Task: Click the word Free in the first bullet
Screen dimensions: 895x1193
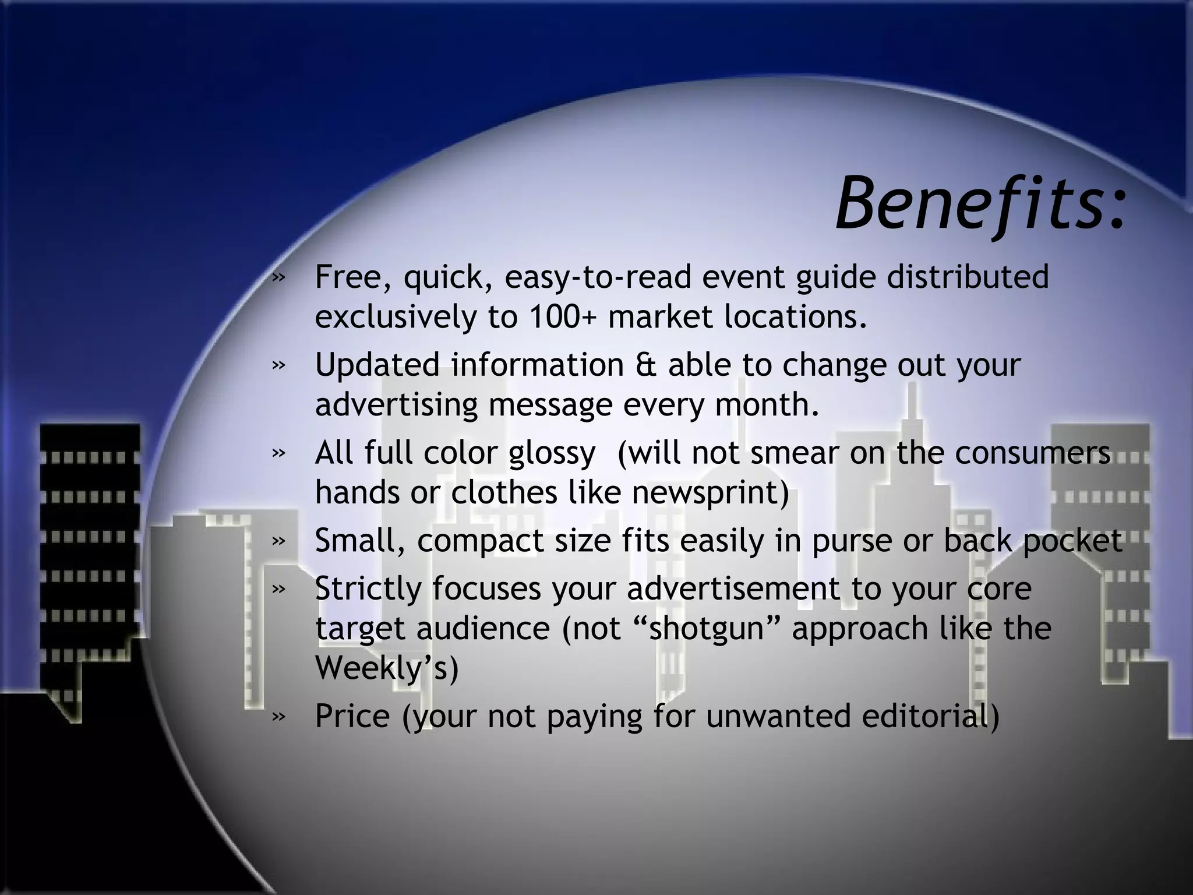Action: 347,277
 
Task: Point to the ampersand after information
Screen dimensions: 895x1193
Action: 646,365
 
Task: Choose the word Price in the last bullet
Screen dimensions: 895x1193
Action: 352,716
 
